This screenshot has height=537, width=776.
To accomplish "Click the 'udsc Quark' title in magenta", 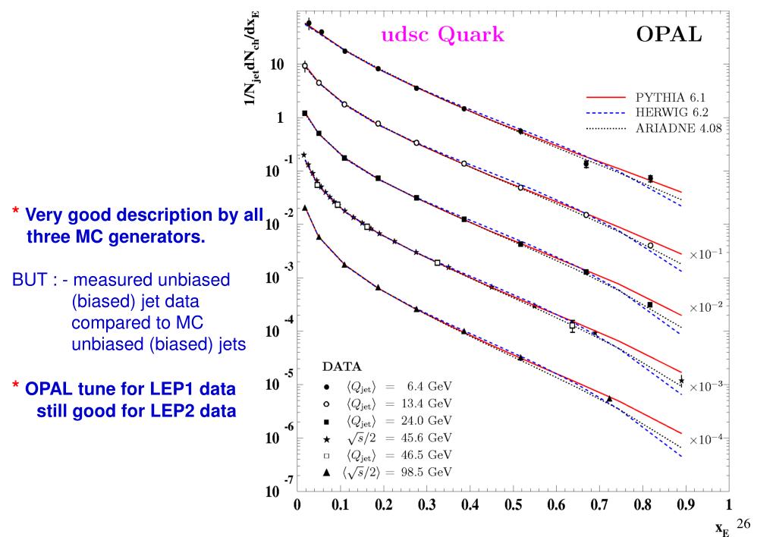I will point(442,34).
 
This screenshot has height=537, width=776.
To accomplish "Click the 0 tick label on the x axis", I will point(297,505).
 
